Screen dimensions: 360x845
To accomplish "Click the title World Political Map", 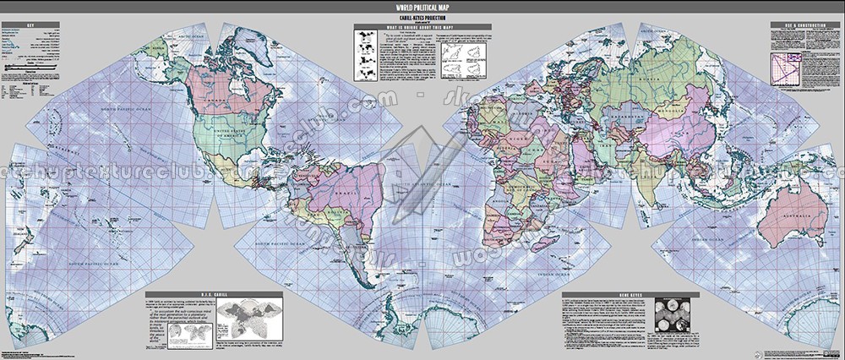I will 422,7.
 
